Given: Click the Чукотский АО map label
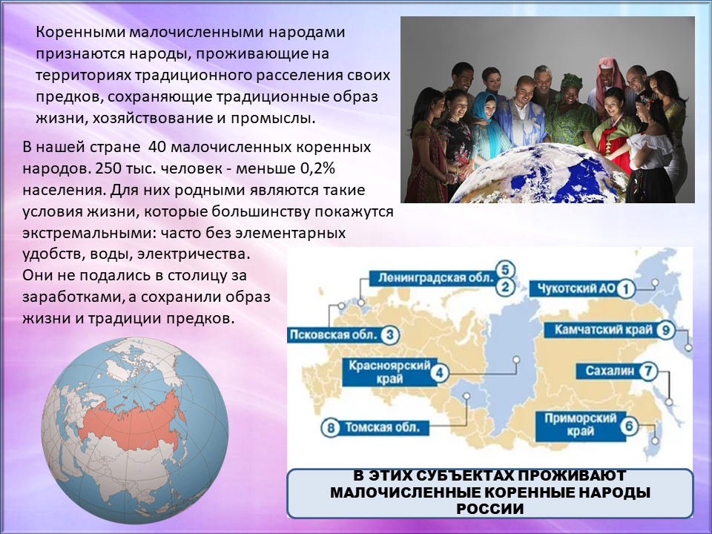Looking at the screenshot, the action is pos(576,289).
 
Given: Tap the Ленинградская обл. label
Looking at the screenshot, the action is pos(435,278).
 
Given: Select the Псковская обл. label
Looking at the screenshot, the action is pos(334,335).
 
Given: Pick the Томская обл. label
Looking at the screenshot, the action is pos(382,428).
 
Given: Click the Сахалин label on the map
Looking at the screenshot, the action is pos(609,371).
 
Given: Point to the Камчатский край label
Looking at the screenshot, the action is pos(603,329).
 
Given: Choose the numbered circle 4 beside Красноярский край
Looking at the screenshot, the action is pos(439,373).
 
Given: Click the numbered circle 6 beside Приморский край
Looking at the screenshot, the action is pos(629,426).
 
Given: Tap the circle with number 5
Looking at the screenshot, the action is pos(505,270).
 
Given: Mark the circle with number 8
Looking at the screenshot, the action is pos(331,428).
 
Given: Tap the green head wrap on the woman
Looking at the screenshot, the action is pos(571,82).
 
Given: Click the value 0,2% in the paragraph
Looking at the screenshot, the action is pos(317,168).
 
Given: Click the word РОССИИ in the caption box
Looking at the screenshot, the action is pos(490,509).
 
